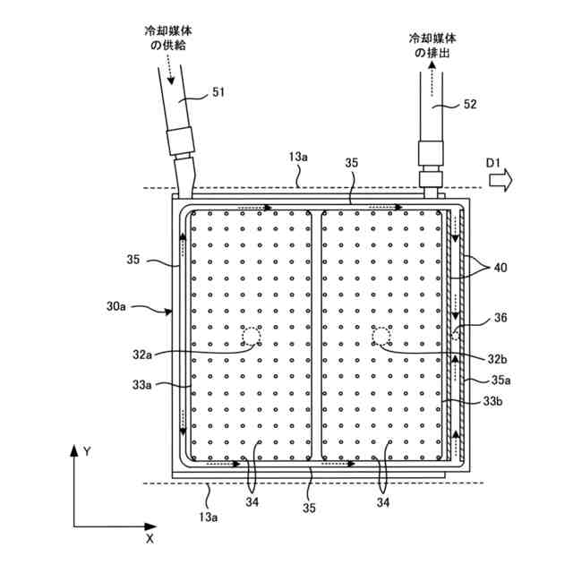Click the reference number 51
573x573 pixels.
point(218,92)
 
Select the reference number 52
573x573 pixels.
point(470,105)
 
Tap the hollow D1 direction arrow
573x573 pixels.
point(501,180)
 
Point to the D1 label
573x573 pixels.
point(493,163)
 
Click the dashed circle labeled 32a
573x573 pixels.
point(252,337)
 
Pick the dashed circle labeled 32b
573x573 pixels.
point(381,337)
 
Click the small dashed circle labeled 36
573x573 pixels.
point(456,334)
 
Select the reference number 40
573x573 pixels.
point(500,268)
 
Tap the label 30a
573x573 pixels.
point(115,306)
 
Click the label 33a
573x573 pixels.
point(141,385)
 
